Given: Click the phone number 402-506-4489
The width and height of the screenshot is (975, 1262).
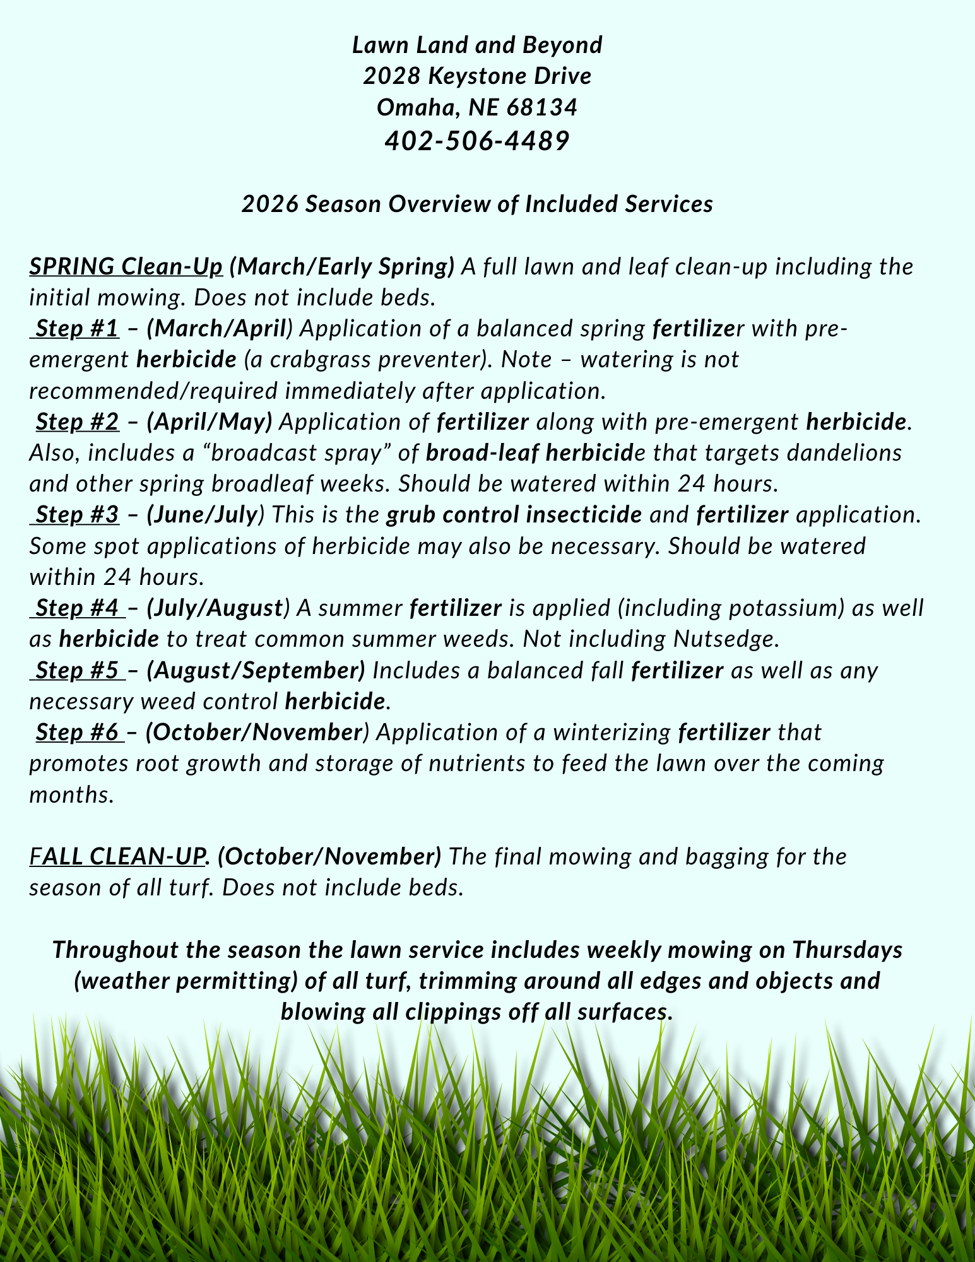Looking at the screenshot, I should tap(477, 141).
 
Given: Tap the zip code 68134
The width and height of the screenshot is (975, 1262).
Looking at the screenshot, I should tap(542, 107).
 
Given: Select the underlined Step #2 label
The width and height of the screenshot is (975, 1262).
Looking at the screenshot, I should tap(77, 422).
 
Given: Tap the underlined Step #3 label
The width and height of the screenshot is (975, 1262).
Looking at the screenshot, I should tap(77, 515).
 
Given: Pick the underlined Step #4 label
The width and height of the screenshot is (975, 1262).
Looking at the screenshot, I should tap(77, 608).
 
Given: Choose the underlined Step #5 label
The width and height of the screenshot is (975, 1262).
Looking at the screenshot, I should tap(77, 670).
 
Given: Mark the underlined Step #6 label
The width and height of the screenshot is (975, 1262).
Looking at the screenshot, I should tap(77, 732).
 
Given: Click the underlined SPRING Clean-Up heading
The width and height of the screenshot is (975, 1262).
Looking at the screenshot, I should tap(126, 267).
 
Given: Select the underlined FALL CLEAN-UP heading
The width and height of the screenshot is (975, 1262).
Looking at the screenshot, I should tap(118, 856).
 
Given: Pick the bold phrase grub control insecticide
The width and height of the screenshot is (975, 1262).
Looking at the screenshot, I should tap(514, 515).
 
